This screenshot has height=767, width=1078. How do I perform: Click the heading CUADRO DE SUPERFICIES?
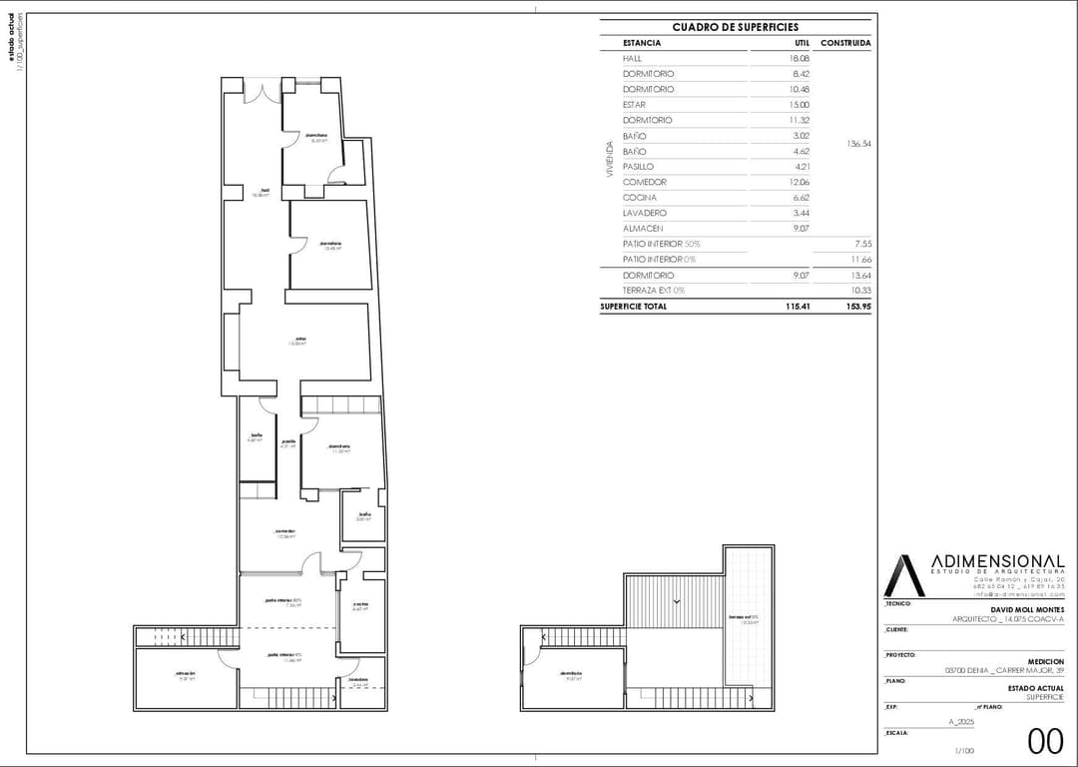(735, 27)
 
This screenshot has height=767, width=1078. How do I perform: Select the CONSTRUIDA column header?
(844, 43)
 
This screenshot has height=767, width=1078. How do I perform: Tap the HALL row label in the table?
(634, 58)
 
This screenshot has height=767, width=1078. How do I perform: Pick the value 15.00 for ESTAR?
(799, 105)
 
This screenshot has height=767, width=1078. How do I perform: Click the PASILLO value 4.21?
(800, 167)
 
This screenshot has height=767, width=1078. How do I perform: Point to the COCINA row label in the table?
(639, 198)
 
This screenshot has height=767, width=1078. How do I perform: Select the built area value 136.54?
(858, 144)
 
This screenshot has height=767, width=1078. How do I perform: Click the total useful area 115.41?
(796, 307)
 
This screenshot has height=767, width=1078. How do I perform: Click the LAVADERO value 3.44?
(800, 213)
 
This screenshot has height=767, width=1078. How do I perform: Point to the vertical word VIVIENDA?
(610, 159)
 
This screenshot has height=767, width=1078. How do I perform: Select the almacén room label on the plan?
(186, 675)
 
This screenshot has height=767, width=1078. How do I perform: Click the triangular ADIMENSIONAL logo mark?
(904, 576)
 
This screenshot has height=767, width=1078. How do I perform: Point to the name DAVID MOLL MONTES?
(1027, 609)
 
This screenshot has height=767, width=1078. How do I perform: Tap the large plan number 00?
(1045, 740)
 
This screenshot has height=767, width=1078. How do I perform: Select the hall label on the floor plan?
(264, 192)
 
